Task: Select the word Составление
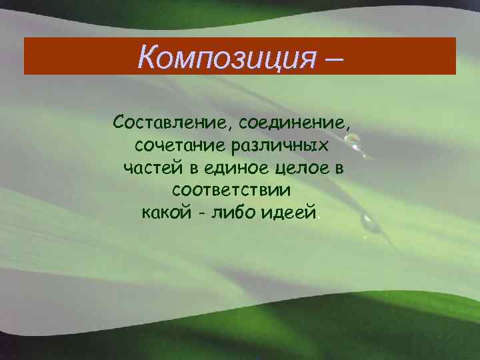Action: (x=169, y=123)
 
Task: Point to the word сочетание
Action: (x=175, y=145)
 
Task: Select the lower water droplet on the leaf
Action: (x=369, y=223)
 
